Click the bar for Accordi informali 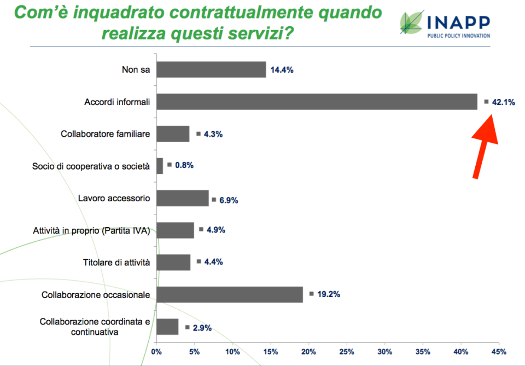[317, 102]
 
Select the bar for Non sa [211, 69]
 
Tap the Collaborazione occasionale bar [230, 294]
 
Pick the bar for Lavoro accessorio [183, 198]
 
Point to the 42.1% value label [503, 102]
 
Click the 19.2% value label [328, 294]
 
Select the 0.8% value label [184, 165]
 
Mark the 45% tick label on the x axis [499, 351]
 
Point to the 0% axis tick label [156, 351]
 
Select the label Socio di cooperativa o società [90, 166]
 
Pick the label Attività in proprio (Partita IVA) [91, 230]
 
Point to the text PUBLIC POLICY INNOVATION [459, 36]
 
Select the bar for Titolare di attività [173, 263]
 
